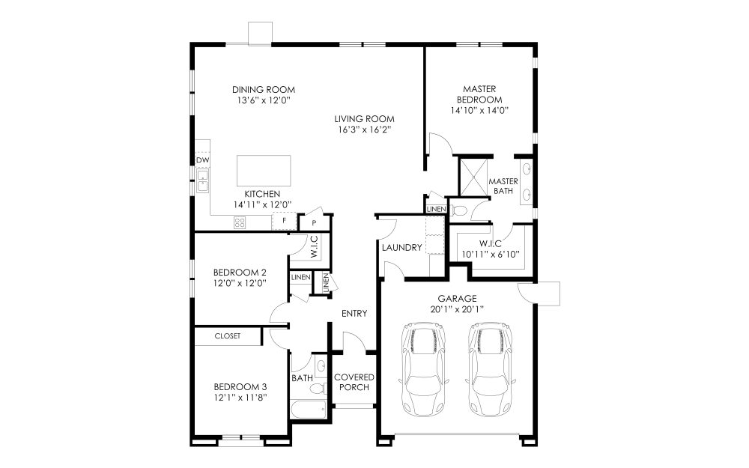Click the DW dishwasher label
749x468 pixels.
click(202, 160)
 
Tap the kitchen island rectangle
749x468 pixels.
click(264, 171)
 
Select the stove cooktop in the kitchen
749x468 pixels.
click(240, 222)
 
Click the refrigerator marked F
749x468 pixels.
click(284, 221)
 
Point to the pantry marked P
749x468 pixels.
click(314, 223)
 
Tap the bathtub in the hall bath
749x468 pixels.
click(309, 410)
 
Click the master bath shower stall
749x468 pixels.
click(474, 176)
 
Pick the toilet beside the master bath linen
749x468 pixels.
click(459, 210)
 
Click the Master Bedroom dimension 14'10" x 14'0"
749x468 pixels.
click(479, 110)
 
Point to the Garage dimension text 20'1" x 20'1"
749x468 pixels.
click(457, 309)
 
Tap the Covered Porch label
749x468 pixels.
click(354, 382)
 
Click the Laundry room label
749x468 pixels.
click(401, 248)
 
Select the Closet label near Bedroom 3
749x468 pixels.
click(228, 336)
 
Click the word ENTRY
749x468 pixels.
click(354, 313)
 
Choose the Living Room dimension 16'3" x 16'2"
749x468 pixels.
click(364, 130)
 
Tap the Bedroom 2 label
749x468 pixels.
click(240, 273)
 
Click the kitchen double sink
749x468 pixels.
click(202, 180)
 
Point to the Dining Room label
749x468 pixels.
click(264, 89)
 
